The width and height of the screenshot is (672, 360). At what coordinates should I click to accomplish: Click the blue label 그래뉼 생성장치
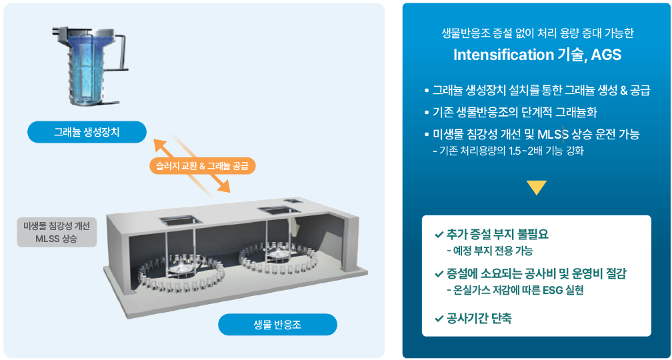tap(87, 132)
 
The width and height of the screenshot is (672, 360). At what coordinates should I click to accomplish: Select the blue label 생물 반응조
tap(277, 325)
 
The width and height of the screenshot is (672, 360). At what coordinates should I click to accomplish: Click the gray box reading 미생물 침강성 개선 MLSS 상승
tap(56, 232)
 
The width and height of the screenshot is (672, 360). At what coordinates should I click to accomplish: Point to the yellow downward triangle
tap(536, 188)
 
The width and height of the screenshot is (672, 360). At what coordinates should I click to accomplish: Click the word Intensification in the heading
tap(503, 55)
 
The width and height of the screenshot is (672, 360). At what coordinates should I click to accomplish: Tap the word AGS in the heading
tap(606, 55)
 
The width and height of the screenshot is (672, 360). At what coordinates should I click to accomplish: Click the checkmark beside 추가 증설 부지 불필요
tap(439, 235)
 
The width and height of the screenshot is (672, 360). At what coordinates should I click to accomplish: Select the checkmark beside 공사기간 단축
tap(439, 319)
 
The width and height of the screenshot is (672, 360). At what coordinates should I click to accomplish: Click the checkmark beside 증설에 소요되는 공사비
tap(439, 274)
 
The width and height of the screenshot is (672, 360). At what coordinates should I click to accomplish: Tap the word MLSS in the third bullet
tap(552, 135)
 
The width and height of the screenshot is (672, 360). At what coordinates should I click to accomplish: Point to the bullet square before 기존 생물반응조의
tap(427, 112)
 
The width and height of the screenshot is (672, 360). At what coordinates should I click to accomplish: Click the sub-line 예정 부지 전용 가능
tap(493, 251)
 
